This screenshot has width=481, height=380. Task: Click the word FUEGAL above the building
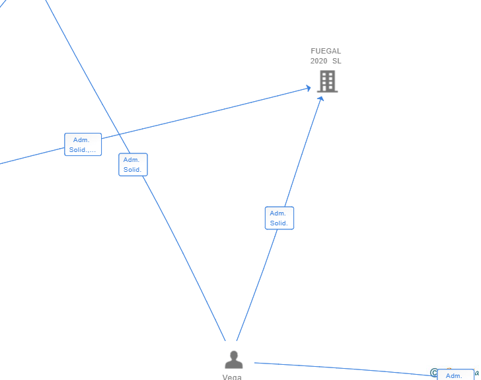(326, 51)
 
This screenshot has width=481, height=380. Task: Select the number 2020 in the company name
(318, 61)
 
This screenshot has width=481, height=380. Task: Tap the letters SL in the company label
(337, 61)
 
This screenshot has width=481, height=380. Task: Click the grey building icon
(327, 81)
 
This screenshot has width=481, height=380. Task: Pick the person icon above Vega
(234, 360)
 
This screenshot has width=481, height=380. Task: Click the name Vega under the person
(232, 377)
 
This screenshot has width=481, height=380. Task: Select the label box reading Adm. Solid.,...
(83, 145)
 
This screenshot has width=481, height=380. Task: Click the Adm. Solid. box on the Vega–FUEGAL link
(279, 218)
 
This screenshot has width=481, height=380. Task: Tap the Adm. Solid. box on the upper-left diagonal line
(133, 165)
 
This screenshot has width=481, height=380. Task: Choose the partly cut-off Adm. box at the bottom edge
(455, 375)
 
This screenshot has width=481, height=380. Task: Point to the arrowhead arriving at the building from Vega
(320, 98)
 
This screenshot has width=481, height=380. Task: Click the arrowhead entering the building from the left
(308, 88)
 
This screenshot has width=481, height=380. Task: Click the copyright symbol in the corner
(434, 373)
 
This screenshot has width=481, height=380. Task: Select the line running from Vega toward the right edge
(344, 369)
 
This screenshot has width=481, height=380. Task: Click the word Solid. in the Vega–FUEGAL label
(279, 223)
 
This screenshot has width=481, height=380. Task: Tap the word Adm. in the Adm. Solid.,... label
(81, 140)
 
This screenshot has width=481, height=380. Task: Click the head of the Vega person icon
(234, 355)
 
